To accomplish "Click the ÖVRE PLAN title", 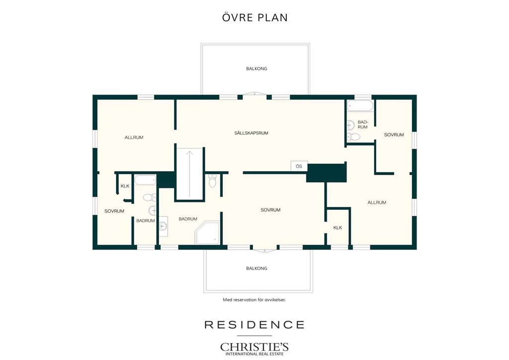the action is tap(255, 17).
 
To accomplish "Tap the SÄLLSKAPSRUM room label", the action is tap(251, 133).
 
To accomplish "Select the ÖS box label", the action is tap(299, 166).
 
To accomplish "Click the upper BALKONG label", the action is tap(256, 69).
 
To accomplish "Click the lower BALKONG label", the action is tap(256, 268).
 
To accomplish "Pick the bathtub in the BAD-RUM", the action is tap(360, 106).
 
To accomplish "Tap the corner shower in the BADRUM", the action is tap(208, 232).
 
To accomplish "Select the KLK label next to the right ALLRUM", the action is tap(338, 228).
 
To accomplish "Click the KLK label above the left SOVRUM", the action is tap(125, 186).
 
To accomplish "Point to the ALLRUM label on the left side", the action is tap(134, 137).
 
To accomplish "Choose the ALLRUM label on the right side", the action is tap(377, 202).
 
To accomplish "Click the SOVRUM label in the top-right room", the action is tap(394, 135).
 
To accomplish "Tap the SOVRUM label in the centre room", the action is tap(270, 210).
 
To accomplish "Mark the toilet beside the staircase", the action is tap(212, 181).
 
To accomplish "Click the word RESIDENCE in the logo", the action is tap(254, 325).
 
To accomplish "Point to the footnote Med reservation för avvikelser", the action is tap(254, 300).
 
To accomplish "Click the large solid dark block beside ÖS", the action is tap(326, 173).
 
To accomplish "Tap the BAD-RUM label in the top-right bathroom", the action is tap(362, 125).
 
